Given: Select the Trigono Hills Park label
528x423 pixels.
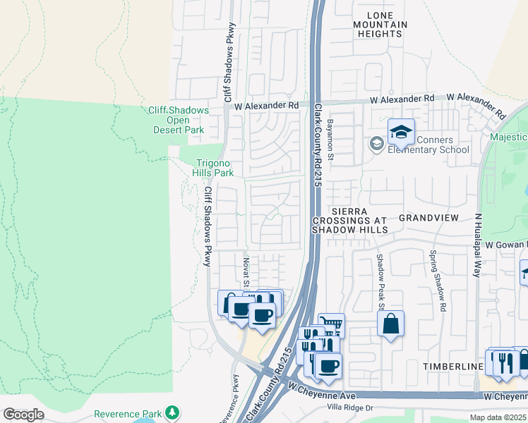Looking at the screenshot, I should pos(214,167).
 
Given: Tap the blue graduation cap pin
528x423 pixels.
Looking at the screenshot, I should pos(401,132).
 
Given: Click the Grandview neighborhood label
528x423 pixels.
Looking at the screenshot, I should pos(428,219).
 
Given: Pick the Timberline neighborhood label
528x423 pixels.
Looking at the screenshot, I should pos(452,367).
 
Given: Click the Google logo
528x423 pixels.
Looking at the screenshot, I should pos(23,415).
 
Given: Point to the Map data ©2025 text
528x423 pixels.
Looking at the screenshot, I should pos(500,417).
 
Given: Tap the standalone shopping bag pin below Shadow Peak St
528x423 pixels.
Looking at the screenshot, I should pos(390,324).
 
